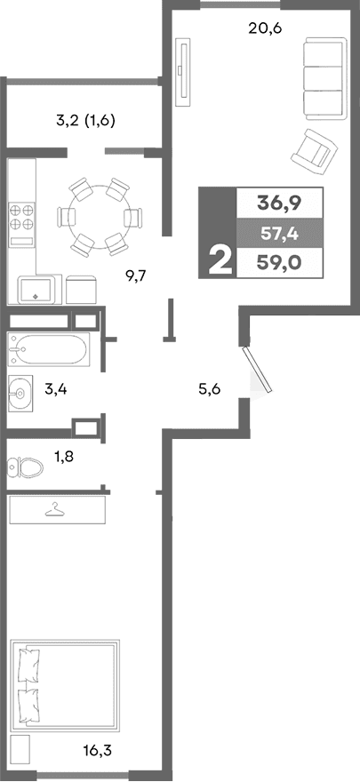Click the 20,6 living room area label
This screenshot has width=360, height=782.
[x=265, y=28]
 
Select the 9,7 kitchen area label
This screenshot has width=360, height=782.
[x=135, y=275]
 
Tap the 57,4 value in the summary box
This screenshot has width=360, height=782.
[x=279, y=233]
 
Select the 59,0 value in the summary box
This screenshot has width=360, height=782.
[x=279, y=262]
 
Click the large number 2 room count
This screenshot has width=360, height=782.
[x=218, y=259]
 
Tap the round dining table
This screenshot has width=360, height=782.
[x=100, y=216]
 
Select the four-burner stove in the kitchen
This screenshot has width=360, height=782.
[x=22, y=218]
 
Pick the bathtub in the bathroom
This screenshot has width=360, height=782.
[x=49, y=349]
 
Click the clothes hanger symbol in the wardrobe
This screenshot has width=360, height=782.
[x=57, y=510]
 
